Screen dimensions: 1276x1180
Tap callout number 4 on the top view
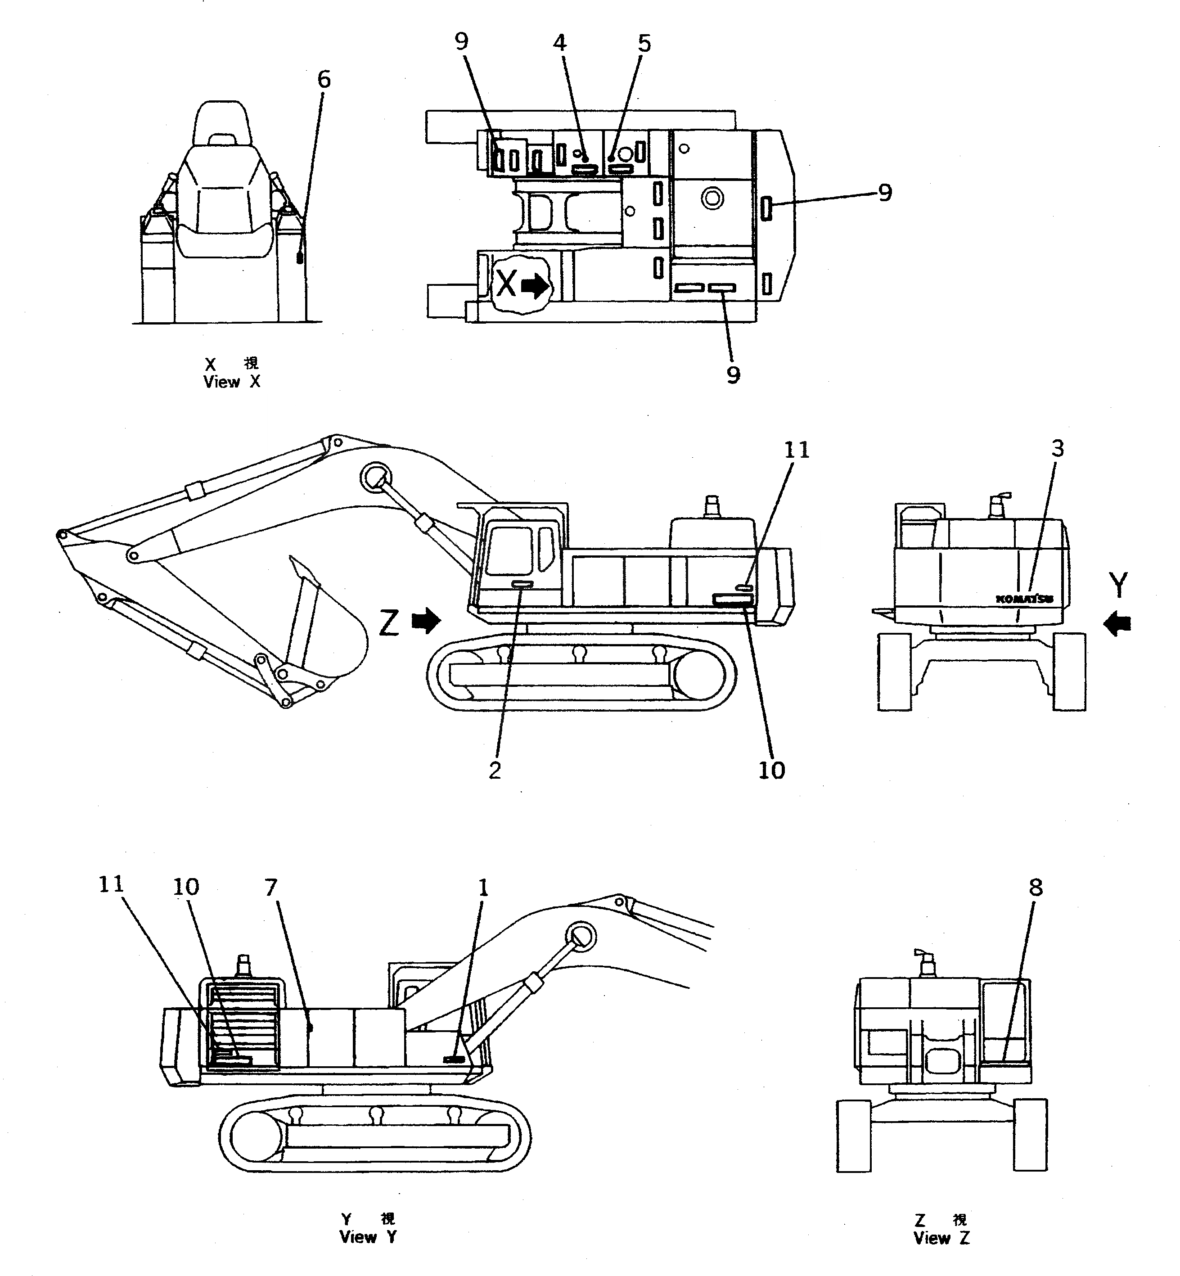pos(559,43)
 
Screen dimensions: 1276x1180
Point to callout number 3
pos(1058,449)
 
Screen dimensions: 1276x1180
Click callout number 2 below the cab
pos(495,771)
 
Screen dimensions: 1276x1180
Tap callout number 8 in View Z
pos(1036,887)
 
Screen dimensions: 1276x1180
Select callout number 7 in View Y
pos(271,888)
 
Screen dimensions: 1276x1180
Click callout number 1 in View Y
pos(483,888)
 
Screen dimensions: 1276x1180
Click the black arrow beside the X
pos(535,286)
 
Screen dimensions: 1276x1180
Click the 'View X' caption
pos(231,382)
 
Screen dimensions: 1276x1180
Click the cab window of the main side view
pos(509,550)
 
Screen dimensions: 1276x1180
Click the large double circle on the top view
pos(712,198)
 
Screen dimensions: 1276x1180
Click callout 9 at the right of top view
pos(884,192)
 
